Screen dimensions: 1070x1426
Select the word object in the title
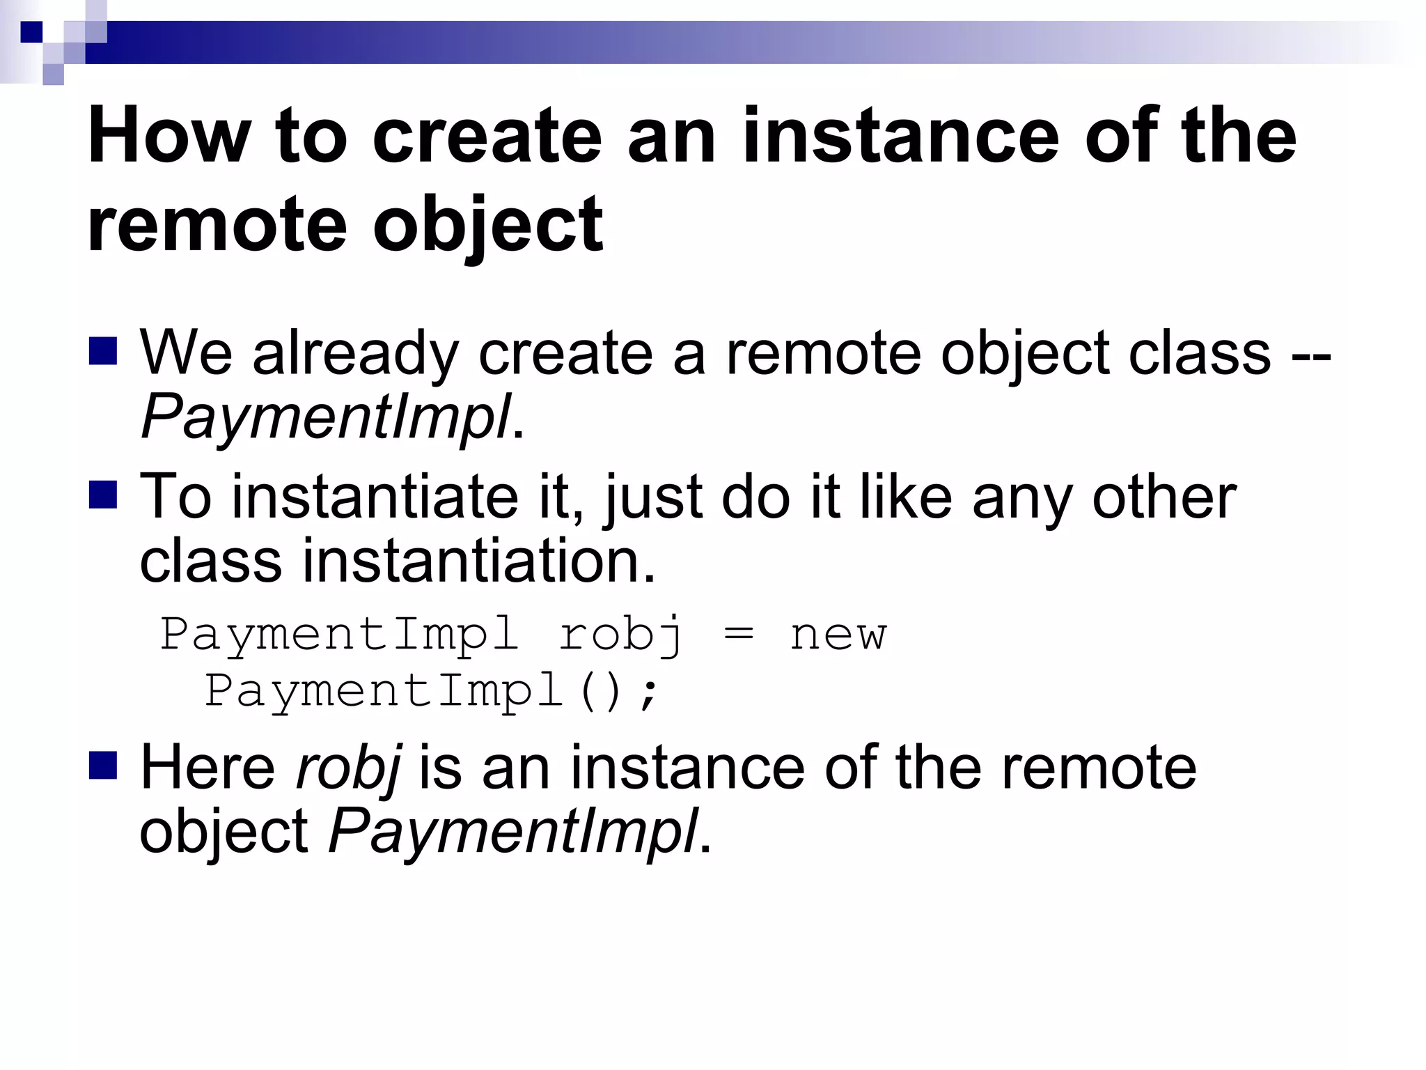487,224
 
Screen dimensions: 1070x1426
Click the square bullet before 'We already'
103,351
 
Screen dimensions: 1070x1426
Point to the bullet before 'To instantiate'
103,495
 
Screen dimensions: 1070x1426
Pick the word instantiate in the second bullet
375,497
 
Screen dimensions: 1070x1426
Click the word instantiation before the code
479,561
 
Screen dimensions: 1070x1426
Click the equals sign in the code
739,635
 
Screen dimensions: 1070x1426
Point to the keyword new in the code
838,635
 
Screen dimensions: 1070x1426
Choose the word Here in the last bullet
208,768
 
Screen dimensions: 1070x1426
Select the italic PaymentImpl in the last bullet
513,830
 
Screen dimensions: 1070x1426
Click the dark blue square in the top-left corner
31,32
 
